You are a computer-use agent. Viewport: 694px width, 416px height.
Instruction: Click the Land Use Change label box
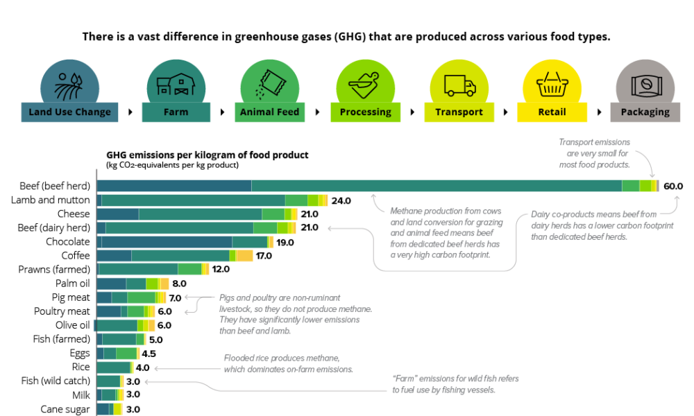(x=69, y=112)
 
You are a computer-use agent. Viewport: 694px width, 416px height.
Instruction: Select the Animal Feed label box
(x=269, y=112)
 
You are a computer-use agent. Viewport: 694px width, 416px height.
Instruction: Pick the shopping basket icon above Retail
(x=552, y=81)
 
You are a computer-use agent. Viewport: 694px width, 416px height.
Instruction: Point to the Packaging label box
(x=645, y=112)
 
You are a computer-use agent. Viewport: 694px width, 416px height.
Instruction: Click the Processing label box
(x=365, y=112)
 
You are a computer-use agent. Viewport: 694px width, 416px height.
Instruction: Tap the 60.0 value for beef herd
(x=673, y=186)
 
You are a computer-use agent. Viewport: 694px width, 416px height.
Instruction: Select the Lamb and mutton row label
(x=51, y=200)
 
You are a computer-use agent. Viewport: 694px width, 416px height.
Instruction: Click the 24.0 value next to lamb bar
(x=341, y=200)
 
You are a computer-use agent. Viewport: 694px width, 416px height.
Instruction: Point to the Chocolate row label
(x=68, y=241)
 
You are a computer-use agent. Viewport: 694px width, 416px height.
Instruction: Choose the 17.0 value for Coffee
(x=264, y=256)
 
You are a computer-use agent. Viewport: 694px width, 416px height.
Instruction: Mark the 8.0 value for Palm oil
(x=179, y=284)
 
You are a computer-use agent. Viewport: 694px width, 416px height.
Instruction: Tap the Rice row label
(x=81, y=367)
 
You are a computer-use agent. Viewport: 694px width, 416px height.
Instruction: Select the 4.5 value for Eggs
(x=149, y=353)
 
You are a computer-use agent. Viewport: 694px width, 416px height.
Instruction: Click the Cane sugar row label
(x=65, y=409)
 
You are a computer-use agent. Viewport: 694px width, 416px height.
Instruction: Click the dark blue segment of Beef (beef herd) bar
(x=173, y=186)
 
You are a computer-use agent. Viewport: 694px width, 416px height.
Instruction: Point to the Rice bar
(x=113, y=367)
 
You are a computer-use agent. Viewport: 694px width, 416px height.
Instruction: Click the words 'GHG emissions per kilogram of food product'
(x=207, y=155)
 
